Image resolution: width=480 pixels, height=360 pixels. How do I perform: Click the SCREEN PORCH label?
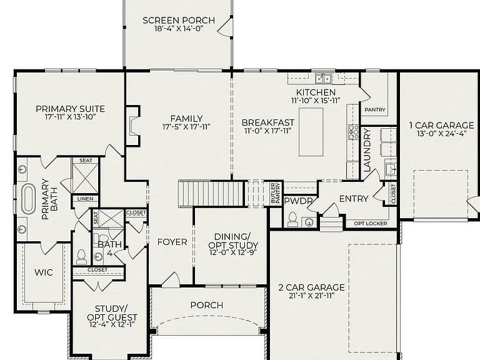[x=179, y=21]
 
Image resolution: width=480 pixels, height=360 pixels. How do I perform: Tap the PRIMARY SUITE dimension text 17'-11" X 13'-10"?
[x=71, y=117]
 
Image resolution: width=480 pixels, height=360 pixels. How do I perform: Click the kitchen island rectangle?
[x=311, y=132]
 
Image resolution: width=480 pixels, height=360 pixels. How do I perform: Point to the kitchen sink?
[x=323, y=79]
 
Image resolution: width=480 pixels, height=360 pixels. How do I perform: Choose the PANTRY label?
[x=375, y=109]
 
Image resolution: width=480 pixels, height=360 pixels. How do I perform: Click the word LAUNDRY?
[x=367, y=150]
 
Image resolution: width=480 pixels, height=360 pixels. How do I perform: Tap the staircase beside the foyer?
[x=211, y=194]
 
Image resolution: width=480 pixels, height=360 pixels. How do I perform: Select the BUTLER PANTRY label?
[x=276, y=193]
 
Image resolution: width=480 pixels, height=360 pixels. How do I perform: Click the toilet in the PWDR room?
[x=293, y=219]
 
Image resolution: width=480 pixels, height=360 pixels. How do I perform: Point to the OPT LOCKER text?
[x=371, y=224]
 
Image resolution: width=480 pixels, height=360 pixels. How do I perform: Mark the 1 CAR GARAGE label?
[x=441, y=125]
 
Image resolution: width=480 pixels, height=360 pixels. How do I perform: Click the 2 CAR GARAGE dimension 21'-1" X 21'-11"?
[x=311, y=296]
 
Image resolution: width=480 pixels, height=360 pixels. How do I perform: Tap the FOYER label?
[x=172, y=242]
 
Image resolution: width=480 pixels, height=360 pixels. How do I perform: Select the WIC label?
[x=44, y=272]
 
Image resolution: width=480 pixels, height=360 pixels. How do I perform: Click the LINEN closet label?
[x=86, y=199]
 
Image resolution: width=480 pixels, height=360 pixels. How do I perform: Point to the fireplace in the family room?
[x=133, y=126]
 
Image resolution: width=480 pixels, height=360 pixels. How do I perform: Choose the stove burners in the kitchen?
[x=353, y=132]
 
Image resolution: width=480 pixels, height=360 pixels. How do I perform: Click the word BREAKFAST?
[x=268, y=122]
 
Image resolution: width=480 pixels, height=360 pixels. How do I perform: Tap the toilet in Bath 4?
[x=81, y=257]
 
